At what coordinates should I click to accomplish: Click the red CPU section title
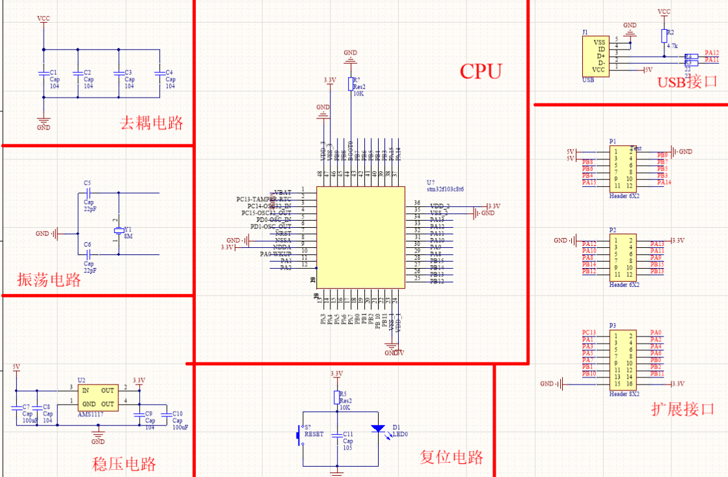(481, 71)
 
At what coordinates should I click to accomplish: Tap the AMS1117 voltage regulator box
(98, 397)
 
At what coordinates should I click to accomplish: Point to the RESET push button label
(314, 434)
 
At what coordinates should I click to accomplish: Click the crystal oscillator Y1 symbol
(118, 231)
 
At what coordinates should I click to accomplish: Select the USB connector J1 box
(595, 56)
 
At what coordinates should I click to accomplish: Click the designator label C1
(53, 72)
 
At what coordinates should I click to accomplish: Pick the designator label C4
(169, 72)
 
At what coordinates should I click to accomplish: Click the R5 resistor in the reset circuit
(337, 398)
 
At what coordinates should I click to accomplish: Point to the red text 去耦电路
(151, 122)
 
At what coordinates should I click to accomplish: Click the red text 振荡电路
(49, 280)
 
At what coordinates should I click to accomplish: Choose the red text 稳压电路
(124, 464)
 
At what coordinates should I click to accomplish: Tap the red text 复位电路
(452, 457)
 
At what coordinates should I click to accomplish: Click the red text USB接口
(687, 83)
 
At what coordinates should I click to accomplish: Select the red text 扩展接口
(682, 409)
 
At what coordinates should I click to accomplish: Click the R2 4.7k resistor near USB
(664, 36)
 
